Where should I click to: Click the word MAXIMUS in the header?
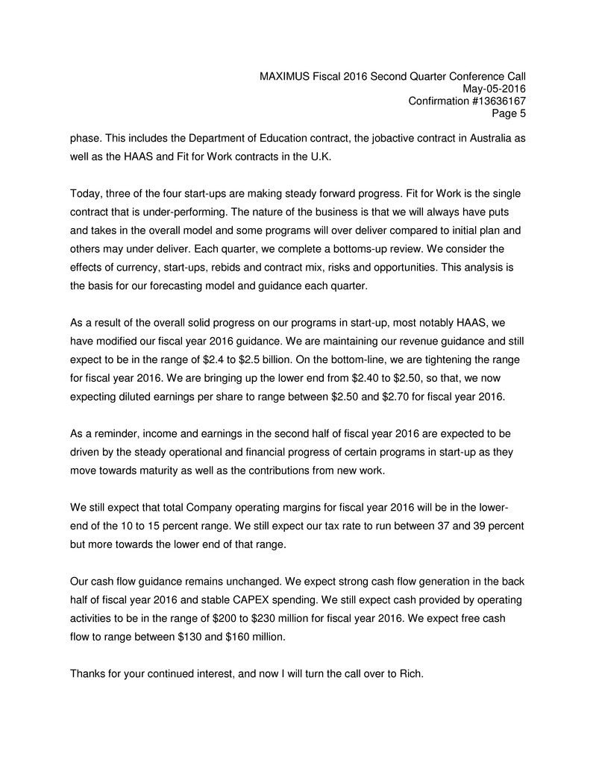pos(286,76)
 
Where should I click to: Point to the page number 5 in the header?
pos(522,114)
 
